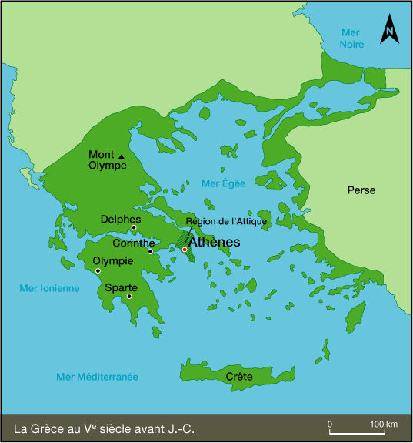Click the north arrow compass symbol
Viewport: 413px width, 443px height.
390,30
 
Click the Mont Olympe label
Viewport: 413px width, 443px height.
107,159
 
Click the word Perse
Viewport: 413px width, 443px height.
361,190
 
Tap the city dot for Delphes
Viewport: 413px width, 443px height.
134,227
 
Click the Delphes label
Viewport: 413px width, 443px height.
120,219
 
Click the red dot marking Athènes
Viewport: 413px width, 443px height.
185,250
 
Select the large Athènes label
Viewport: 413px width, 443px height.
214,241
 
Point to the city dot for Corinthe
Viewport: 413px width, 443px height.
151,251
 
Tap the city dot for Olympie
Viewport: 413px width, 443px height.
98,270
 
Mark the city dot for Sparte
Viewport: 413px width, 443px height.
129,296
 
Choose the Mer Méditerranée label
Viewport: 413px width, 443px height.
97,377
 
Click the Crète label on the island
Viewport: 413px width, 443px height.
239,377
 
